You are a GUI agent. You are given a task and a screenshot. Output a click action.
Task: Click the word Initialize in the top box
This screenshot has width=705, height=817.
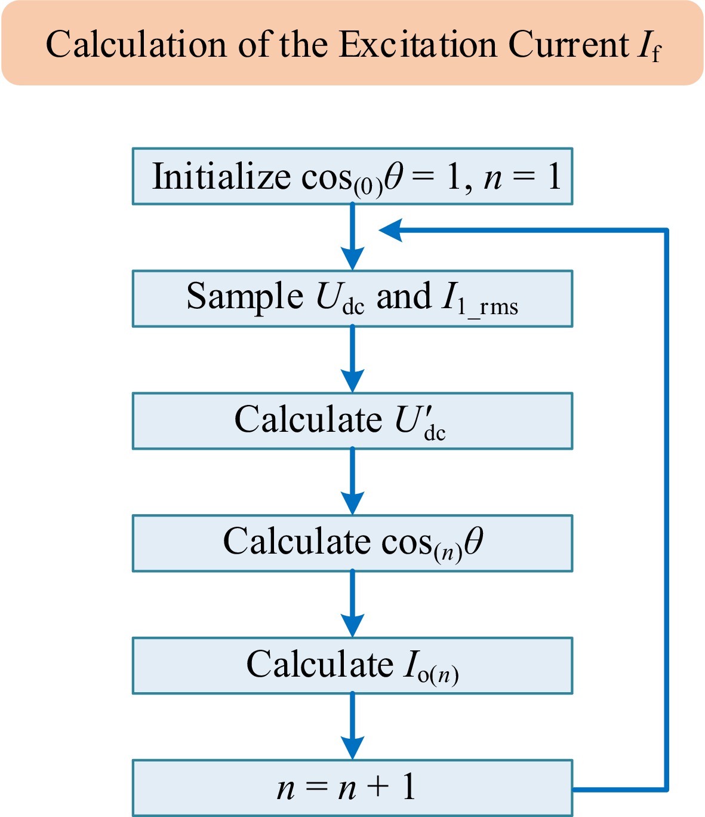(221, 177)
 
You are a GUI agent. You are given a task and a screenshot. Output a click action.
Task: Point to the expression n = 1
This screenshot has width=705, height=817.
(522, 177)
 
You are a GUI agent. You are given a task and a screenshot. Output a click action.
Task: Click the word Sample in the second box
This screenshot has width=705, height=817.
(245, 297)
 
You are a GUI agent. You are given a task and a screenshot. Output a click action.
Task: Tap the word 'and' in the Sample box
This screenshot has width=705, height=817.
(404, 297)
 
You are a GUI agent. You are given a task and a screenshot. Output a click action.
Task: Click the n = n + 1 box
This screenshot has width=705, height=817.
(352, 787)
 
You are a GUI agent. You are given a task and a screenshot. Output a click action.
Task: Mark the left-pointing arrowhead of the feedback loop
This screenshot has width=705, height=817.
(391, 230)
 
